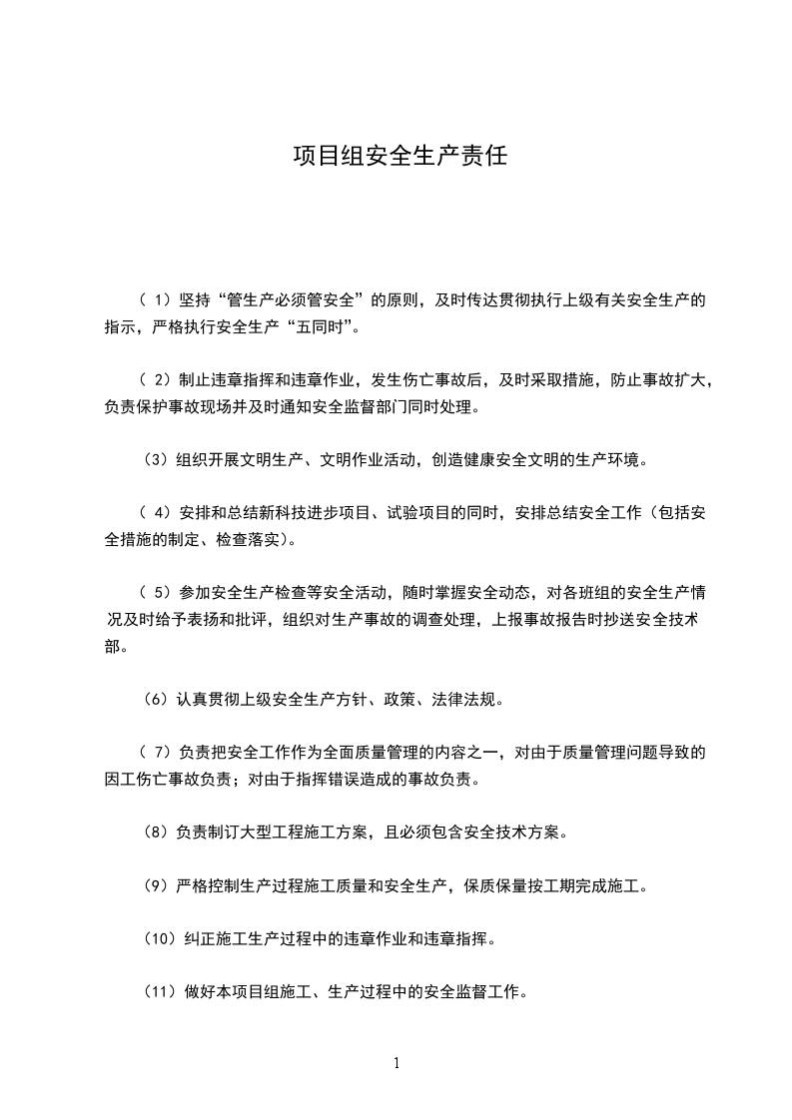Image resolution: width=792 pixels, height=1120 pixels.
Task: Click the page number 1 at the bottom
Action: click(396, 1062)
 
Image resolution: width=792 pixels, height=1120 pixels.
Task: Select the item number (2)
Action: click(157, 380)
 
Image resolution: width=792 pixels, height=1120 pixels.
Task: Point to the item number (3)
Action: click(156, 461)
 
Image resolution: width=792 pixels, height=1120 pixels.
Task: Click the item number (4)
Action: click(157, 514)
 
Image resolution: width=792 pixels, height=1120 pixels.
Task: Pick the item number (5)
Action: click(155, 594)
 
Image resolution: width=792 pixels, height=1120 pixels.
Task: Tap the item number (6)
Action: click(156, 700)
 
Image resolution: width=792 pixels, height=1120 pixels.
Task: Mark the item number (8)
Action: click(155, 832)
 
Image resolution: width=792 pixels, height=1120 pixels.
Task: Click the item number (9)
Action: click(155, 885)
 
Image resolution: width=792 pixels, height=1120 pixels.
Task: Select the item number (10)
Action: click(160, 939)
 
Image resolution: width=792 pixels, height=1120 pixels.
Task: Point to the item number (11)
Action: click(160, 992)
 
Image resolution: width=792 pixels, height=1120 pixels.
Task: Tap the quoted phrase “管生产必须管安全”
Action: click(296, 299)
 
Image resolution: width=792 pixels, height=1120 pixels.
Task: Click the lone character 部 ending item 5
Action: click(113, 647)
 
